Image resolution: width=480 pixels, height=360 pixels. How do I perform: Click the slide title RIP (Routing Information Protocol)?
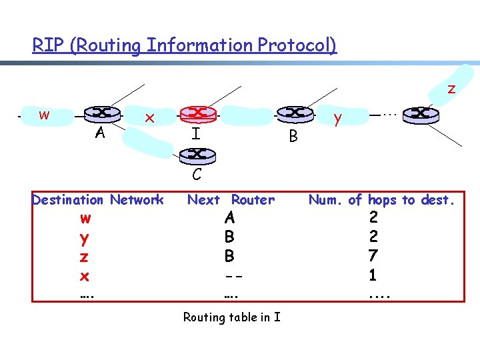point(185,45)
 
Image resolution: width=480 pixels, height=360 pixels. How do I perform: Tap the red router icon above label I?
point(197,113)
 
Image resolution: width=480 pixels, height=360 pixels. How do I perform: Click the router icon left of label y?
point(294,113)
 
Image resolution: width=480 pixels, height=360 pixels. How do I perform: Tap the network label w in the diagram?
point(44,115)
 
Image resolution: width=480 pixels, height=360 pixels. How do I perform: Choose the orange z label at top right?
point(451,88)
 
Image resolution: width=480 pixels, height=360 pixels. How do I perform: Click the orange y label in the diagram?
point(338,119)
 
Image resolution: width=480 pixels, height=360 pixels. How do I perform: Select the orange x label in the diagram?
point(151,118)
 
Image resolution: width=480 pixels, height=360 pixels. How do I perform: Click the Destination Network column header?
point(97,199)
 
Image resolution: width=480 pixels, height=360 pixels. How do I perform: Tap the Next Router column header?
point(231,199)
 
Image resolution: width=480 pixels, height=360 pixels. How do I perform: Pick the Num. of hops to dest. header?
point(381,199)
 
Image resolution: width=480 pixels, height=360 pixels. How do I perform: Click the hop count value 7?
point(373,255)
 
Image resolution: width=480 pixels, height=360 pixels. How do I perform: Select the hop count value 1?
point(373,274)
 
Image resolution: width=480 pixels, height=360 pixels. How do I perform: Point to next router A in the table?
point(229,217)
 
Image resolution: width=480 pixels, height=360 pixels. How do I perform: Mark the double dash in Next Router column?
point(229,275)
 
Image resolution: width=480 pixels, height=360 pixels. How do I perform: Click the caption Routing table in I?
point(231,317)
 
